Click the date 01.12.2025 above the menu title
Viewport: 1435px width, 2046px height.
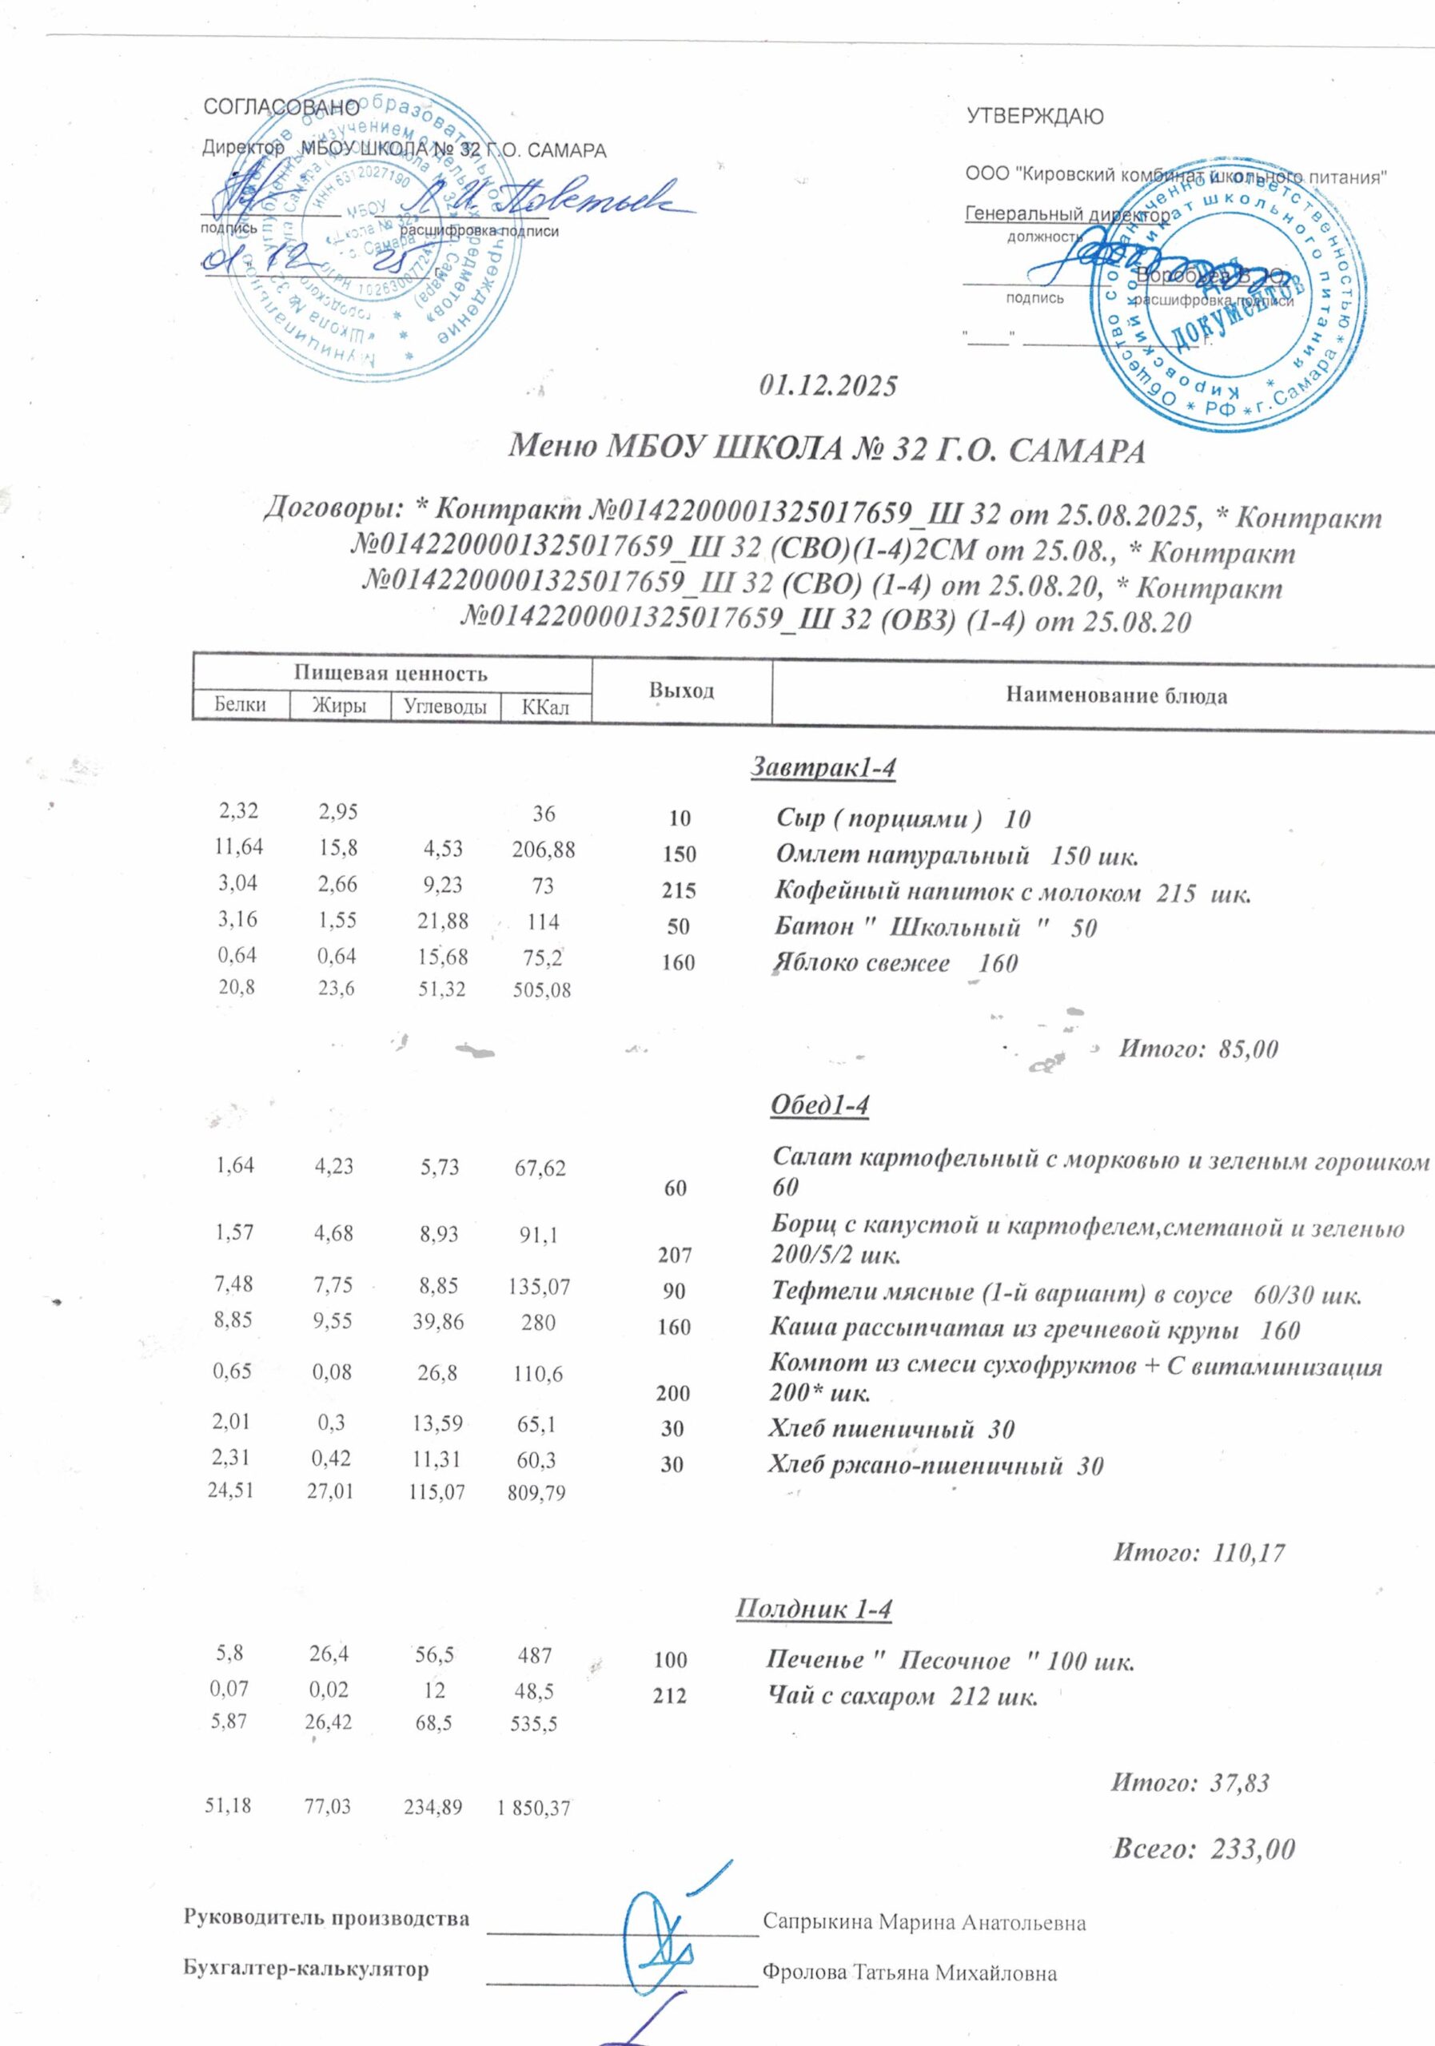point(828,387)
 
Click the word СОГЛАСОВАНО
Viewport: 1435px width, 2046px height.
point(281,108)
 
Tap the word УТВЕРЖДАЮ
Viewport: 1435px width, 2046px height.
point(1034,116)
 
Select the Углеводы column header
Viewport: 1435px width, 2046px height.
point(444,707)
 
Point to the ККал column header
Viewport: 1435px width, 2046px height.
point(544,707)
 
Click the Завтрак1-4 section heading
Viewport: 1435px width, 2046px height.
point(823,767)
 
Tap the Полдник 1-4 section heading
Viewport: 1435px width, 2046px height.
point(814,1610)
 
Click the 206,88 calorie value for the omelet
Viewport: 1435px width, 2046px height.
point(544,850)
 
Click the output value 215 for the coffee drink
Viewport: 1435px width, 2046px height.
point(680,891)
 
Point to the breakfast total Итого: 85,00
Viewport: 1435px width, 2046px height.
point(1198,1049)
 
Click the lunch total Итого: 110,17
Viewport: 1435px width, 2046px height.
point(1199,1553)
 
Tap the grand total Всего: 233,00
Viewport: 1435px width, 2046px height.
point(1204,1849)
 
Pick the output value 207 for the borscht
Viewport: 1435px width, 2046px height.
point(675,1256)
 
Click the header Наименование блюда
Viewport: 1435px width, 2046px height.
point(1116,696)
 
